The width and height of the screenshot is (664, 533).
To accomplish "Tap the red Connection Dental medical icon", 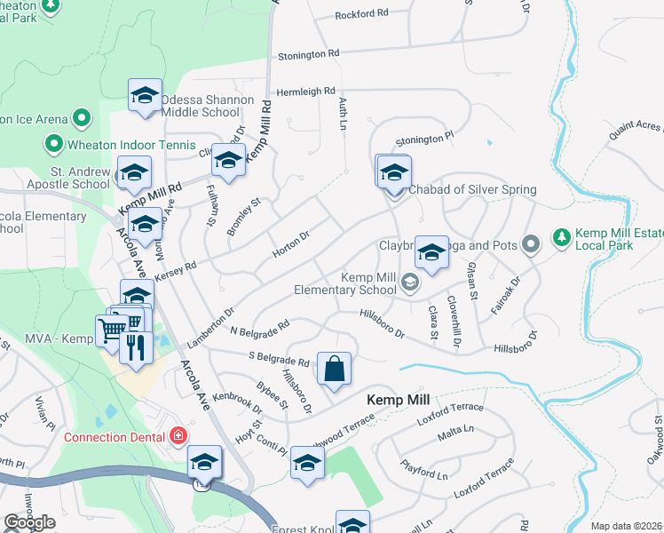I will [178, 435].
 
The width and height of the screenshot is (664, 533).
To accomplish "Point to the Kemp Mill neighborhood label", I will [399, 401].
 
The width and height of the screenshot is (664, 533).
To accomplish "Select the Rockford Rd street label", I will [362, 14].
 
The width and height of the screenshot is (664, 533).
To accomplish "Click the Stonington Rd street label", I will [309, 54].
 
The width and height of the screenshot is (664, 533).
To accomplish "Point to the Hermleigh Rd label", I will [305, 91].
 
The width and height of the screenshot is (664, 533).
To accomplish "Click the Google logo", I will [28, 522].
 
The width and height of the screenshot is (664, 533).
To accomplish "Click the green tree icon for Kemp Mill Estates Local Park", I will [560, 237].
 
